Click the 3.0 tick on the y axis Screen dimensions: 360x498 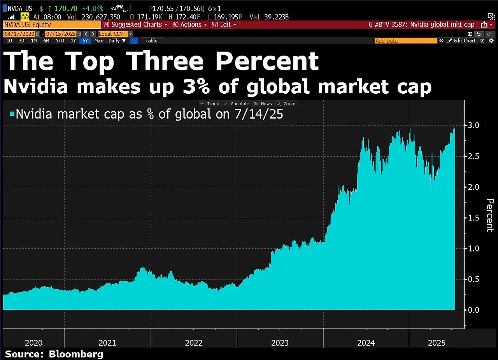[x=473, y=126]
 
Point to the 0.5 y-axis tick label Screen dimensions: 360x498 [x=473, y=280]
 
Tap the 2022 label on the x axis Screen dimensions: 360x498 [x=194, y=343]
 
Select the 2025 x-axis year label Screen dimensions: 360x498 [x=437, y=343]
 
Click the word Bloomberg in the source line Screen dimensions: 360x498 [x=76, y=354]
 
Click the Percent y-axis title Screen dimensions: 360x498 [x=490, y=215]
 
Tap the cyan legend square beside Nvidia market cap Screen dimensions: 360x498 [x=12, y=114]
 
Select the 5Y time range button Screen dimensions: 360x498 [x=84, y=41]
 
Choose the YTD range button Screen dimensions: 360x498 [x=60, y=41]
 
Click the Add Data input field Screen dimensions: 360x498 [x=406, y=41]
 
